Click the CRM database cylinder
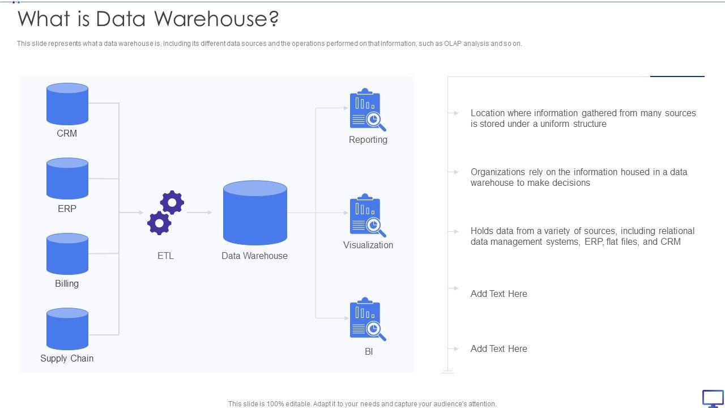(67, 104)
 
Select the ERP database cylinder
(67, 179)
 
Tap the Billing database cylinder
(67, 254)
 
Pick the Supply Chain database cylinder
(67, 329)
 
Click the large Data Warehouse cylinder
(255, 213)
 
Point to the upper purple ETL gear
(172, 202)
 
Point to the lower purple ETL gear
(159, 223)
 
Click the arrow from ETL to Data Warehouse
(199, 212)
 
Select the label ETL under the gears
(165, 256)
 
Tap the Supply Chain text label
(67, 358)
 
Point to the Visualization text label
(368, 245)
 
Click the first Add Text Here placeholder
(498, 294)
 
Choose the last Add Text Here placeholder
(498, 348)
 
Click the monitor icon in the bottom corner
(713, 398)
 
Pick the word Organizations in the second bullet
(498, 172)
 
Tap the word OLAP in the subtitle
(453, 44)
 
